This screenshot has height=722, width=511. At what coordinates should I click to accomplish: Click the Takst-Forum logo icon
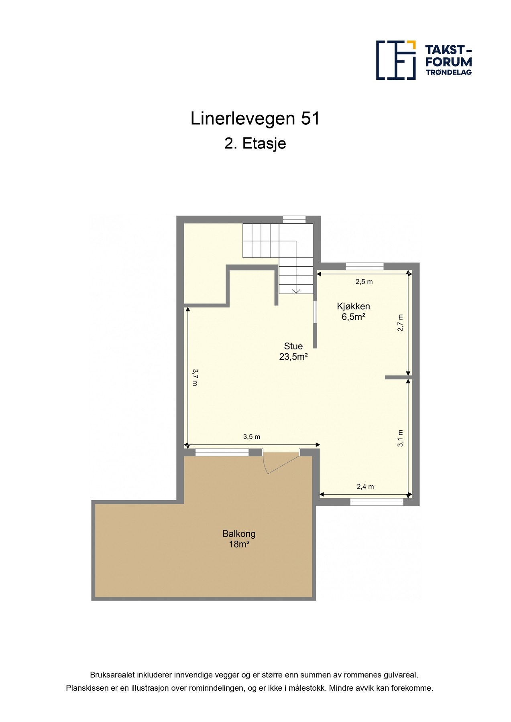tap(395, 60)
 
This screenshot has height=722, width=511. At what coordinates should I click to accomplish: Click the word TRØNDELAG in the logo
tap(448, 73)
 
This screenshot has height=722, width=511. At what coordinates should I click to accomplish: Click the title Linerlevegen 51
tap(255, 119)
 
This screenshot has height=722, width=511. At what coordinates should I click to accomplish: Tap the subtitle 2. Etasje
tap(255, 144)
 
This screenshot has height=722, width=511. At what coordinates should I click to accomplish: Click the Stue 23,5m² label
tap(293, 351)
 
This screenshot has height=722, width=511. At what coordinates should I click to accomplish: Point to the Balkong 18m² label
tap(239, 539)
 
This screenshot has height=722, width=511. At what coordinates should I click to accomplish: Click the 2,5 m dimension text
tap(364, 282)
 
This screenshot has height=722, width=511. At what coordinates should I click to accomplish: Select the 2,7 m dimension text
tap(400, 323)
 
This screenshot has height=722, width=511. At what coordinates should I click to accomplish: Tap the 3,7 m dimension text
tap(195, 377)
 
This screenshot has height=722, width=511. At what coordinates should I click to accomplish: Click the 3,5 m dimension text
tap(252, 437)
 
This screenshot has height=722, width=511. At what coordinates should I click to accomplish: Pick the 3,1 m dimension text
tap(400, 438)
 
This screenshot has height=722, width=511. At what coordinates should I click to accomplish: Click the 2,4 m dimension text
tap(365, 487)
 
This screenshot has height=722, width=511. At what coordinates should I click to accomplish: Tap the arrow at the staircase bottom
tap(296, 291)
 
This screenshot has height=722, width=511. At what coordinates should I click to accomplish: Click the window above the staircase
tap(294, 219)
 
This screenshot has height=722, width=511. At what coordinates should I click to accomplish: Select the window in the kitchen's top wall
tap(364, 266)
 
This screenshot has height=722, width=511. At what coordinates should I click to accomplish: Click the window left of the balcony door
tap(222, 452)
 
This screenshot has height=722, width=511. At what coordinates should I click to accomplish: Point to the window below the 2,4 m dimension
tap(377, 502)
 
